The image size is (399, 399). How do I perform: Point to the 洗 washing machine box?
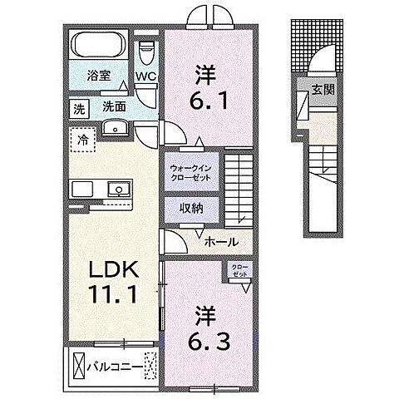78,107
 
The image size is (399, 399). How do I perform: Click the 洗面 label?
114,107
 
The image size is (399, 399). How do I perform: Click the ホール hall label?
223,242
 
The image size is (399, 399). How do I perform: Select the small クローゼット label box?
239,272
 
